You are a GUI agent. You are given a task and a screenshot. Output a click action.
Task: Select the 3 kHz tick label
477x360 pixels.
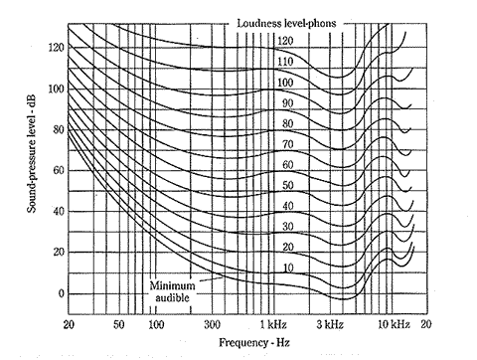(x=333, y=325)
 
